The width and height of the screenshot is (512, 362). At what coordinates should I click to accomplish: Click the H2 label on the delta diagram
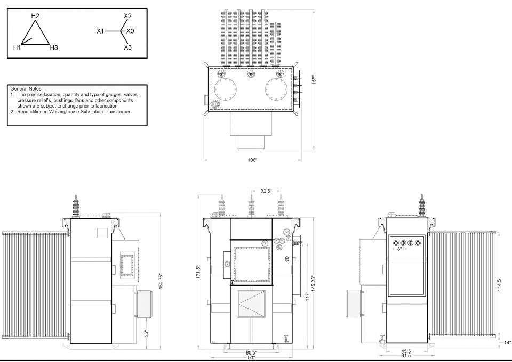point(35,15)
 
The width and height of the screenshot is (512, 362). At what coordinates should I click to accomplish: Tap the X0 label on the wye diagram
point(130,31)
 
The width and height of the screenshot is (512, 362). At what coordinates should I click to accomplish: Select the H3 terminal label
point(54,47)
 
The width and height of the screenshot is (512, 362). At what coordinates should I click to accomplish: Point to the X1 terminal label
point(100,31)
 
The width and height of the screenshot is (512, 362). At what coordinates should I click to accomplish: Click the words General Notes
point(26,88)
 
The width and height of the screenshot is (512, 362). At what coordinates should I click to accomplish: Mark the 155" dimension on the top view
point(314,80)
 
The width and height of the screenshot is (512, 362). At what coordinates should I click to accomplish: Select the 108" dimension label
point(252,160)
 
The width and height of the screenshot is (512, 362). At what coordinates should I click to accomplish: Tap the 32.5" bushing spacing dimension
point(266,191)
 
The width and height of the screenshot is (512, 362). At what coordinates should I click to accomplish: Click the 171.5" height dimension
point(197,273)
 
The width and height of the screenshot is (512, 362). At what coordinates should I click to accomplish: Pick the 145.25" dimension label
point(314,283)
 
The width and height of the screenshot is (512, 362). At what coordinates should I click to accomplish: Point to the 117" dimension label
point(307,296)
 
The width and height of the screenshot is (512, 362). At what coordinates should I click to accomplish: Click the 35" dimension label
point(147,334)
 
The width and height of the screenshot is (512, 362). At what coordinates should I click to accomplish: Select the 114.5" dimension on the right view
point(498,285)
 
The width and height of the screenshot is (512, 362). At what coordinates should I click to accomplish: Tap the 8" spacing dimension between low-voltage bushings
point(399,249)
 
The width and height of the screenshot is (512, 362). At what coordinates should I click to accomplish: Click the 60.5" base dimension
point(251,352)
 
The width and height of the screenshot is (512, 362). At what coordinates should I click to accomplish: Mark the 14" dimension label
point(507,342)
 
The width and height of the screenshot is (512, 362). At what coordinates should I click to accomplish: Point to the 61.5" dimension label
point(407,356)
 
